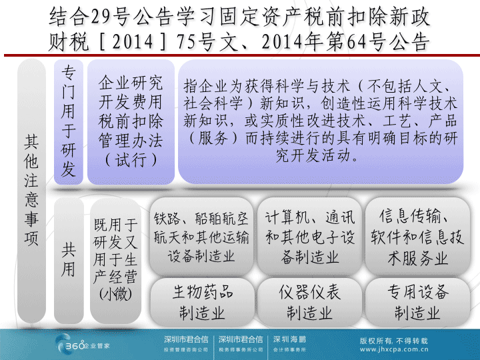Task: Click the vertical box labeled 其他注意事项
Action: (31, 191)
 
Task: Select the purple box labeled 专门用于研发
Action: (69, 122)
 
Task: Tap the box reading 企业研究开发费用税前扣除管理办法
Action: (131, 122)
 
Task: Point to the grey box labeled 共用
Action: (69, 261)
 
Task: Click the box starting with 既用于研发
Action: (115, 261)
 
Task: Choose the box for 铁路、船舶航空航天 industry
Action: (201, 236)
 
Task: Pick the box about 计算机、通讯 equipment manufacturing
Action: (309, 236)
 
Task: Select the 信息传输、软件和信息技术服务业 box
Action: (417, 236)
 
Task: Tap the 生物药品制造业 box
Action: (202, 302)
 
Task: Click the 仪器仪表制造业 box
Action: (309, 302)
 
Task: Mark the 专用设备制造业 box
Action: (417, 302)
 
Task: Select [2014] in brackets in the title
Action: (133, 41)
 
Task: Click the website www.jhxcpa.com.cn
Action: (394, 349)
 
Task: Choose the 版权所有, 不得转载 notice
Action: (394, 341)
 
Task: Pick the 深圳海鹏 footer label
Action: (289, 339)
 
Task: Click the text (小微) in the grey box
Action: (115, 294)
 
